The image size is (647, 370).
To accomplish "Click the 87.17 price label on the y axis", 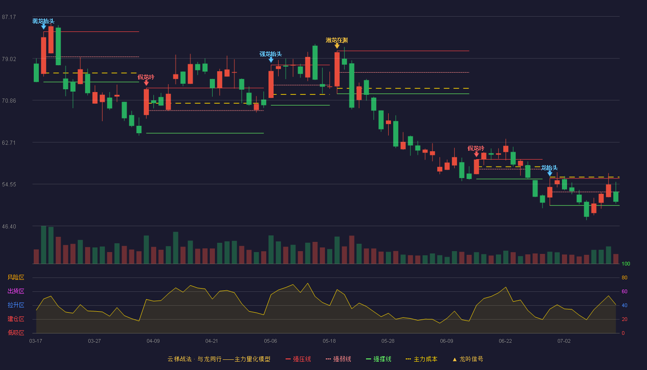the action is (9, 17).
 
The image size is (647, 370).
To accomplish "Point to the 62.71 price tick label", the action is (9, 143).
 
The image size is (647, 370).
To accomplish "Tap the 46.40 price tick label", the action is (9, 227).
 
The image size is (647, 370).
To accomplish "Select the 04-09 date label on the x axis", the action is (153, 341).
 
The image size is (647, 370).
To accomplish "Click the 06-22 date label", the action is (505, 341).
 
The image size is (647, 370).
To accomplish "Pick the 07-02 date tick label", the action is (564, 341).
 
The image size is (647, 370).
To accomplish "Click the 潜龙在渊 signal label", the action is (337, 40).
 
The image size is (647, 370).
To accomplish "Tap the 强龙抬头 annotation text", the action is (271, 54).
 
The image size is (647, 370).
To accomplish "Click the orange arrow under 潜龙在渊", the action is (337, 46).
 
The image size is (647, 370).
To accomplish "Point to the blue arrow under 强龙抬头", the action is (271, 60).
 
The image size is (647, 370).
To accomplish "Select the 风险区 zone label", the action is (16, 277).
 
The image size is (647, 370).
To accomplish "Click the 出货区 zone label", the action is (16, 291).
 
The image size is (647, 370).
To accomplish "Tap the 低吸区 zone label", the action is (16, 333).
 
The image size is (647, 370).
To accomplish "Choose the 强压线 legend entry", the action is (298, 359).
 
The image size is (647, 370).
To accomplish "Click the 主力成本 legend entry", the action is (421, 359).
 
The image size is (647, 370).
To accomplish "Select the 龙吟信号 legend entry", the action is (468, 359).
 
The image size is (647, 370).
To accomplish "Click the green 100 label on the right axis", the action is (626, 264).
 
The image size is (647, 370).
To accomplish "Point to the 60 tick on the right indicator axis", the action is (624, 291).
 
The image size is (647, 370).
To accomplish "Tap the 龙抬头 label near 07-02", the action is (549, 167).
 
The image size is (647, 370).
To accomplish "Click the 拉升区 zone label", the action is (16, 305).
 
